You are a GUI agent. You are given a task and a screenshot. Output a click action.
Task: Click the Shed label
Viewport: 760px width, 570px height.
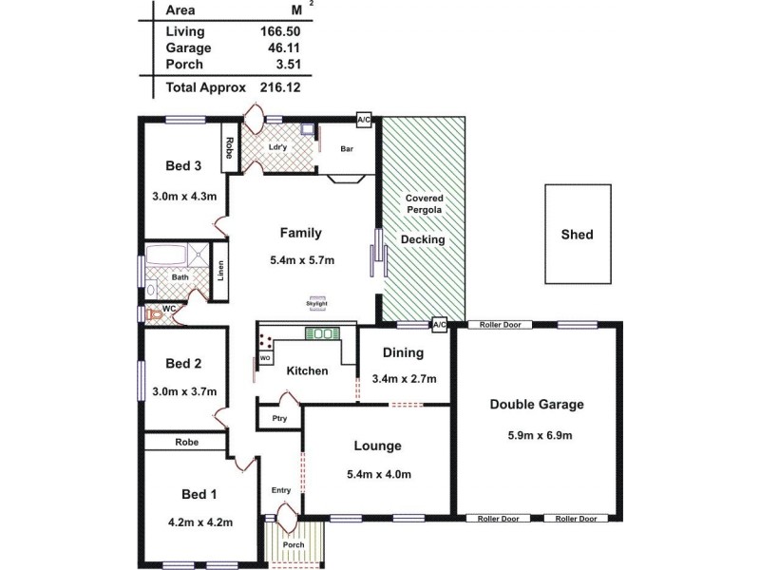[577, 234]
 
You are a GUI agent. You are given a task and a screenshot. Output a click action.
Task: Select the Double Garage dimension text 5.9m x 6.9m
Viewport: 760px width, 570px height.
[536, 436]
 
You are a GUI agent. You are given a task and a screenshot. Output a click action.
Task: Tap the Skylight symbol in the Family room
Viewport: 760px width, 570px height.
[316, 304]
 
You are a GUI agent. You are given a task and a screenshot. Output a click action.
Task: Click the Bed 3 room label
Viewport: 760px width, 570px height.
[182, 165]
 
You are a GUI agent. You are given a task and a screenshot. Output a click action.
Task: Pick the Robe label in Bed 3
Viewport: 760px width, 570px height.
[229, 148]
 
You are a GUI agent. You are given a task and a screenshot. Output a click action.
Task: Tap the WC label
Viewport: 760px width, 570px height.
[169, 309]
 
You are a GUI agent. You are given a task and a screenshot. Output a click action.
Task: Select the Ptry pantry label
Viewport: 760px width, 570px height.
[278, 418]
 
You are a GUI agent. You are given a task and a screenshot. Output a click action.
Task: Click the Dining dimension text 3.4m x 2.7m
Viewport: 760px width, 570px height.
[404, 379]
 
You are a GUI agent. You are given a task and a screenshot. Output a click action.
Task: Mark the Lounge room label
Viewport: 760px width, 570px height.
[377, 446]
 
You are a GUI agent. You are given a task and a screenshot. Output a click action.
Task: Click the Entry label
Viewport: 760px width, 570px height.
[281, 490]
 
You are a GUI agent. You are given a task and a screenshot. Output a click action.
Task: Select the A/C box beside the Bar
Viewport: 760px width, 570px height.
[364, 120]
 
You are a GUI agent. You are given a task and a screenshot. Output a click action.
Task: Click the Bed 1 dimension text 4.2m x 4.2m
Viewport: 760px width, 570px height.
[201, 522]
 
